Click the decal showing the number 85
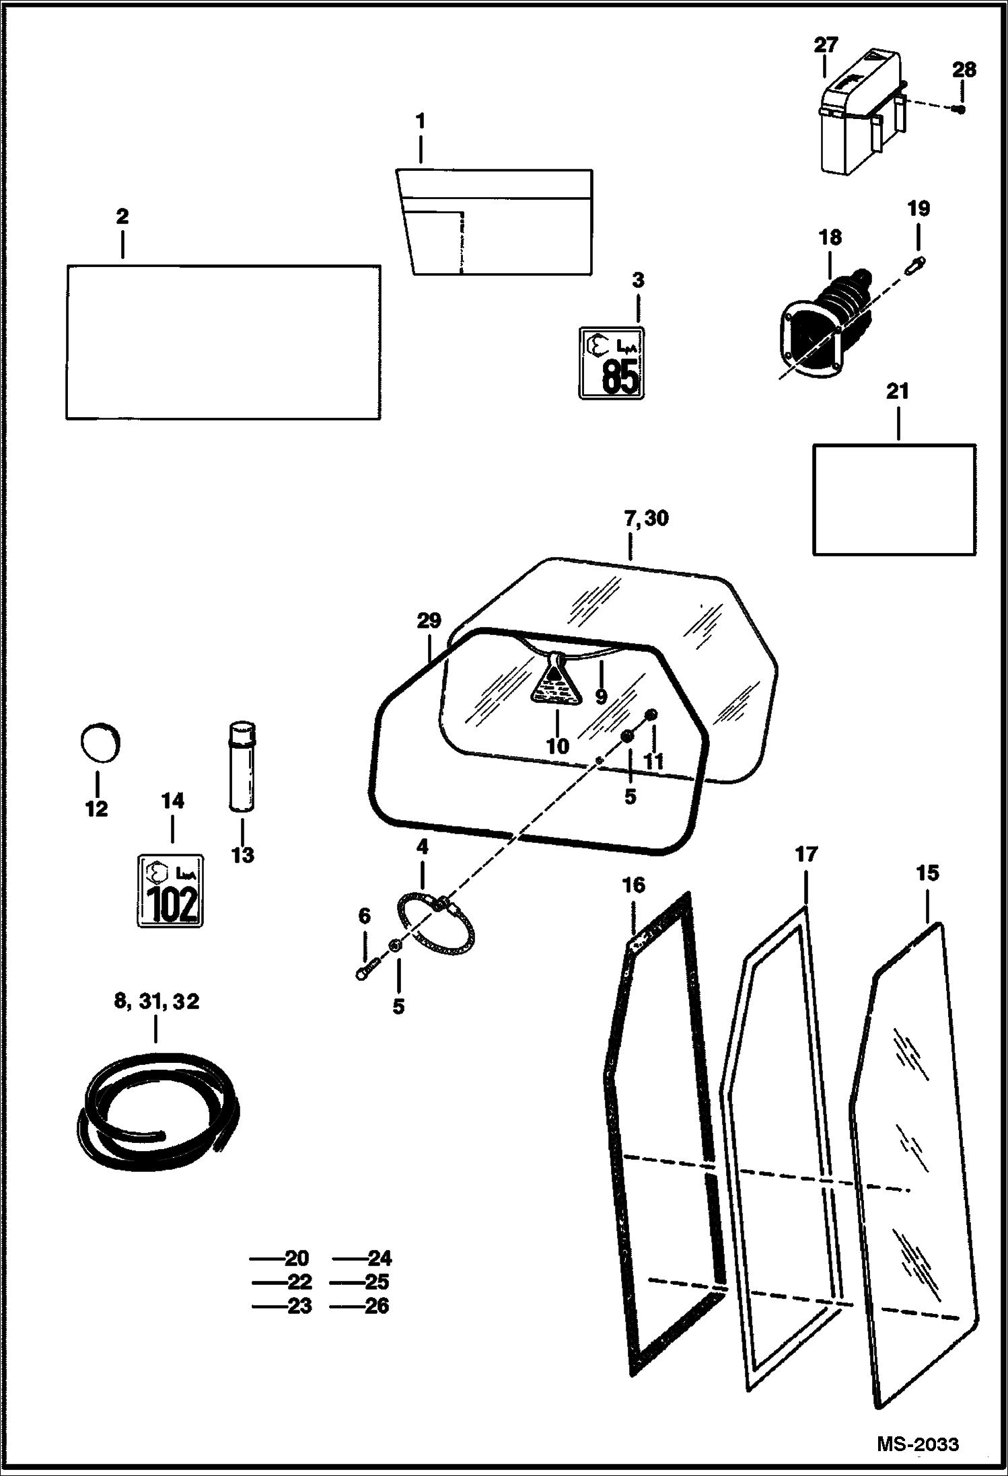[612, 363]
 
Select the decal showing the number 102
[171, 891]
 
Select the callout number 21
[898, 392]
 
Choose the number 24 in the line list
[379, 1258]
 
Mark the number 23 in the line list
[299, 1306]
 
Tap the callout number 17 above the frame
[805, 854]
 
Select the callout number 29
[429, 620]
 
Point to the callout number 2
[122, 217]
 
